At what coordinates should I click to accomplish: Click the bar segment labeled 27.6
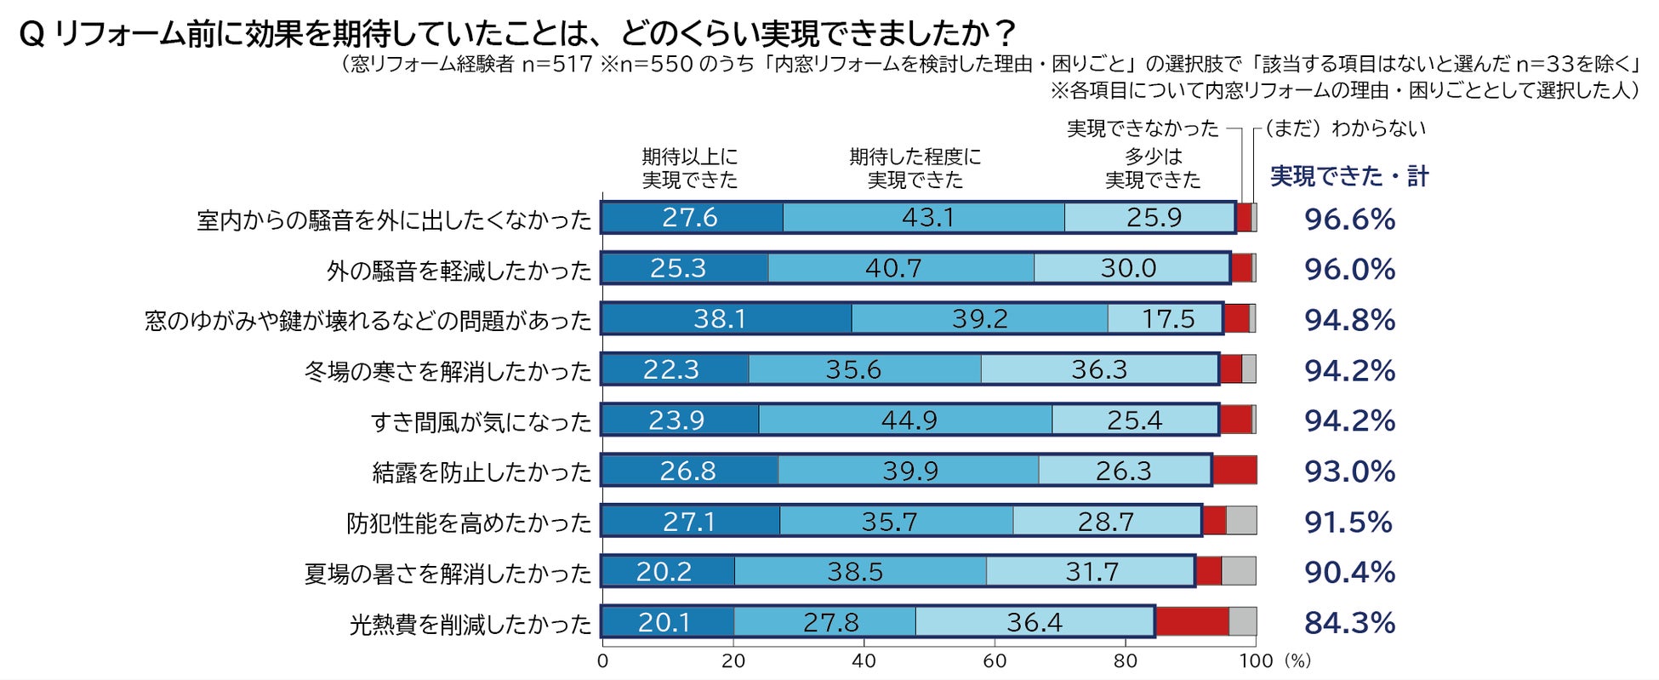pos(691,218)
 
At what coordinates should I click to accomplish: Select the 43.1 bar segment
pos(925,218)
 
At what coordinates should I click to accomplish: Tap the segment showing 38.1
pos(725,319)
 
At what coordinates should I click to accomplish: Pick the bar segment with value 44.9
pos(906,420)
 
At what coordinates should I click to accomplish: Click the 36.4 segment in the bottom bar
pos(1035,622)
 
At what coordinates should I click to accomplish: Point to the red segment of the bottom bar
pos(1192,622)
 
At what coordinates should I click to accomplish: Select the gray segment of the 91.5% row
pos(1240,521)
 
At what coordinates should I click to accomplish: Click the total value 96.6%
pos(1349,220)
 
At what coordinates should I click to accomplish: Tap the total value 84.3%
pos(1349,623)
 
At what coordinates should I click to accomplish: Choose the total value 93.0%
pos(1349,471)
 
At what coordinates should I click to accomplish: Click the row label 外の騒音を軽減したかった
pos(459,271)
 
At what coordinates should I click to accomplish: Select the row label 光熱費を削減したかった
pos(470,625)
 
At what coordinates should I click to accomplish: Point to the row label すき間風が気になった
pos(481,422)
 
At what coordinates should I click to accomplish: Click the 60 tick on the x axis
pos(995,661)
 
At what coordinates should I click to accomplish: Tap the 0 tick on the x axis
pos(603,661)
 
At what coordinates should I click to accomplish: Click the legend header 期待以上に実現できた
pos(689,169)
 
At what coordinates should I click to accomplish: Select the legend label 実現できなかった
pos(1143,129)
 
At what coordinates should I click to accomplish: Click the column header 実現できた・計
pos(1349,176)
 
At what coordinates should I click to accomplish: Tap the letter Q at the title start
pos(31,35)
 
